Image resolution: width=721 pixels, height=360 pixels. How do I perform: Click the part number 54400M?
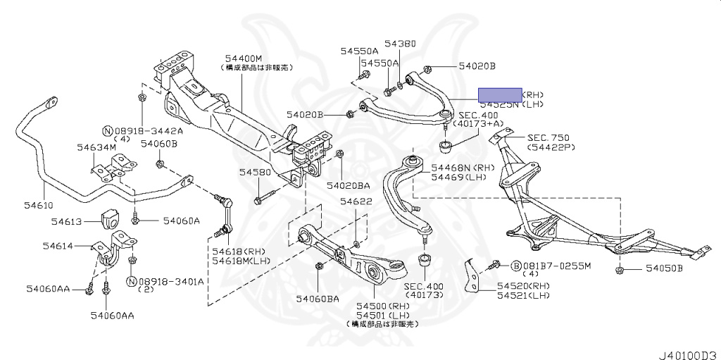tap(244, 58)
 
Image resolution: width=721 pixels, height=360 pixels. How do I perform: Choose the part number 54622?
tap(356, 202)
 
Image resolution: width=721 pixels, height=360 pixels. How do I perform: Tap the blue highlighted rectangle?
tap(500, 94)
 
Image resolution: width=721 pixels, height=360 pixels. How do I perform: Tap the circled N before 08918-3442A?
tap(108, 131)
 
